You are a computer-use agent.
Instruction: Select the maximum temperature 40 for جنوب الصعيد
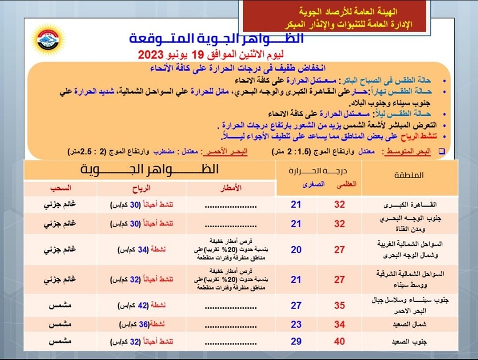[340, 341]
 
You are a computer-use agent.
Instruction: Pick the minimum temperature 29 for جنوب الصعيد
[296, 341]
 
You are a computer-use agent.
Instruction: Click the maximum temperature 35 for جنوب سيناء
[340, 305]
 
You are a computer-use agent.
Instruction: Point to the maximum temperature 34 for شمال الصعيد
[340, 325]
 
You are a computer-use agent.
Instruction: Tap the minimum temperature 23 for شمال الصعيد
[296, 325]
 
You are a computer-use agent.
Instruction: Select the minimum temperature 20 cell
[296, 249]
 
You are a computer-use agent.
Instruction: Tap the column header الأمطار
[231, 188]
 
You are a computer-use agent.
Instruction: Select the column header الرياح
[141, 188]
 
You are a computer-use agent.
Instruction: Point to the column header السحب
[61, 188]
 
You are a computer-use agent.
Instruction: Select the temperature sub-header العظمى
[347, 184]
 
